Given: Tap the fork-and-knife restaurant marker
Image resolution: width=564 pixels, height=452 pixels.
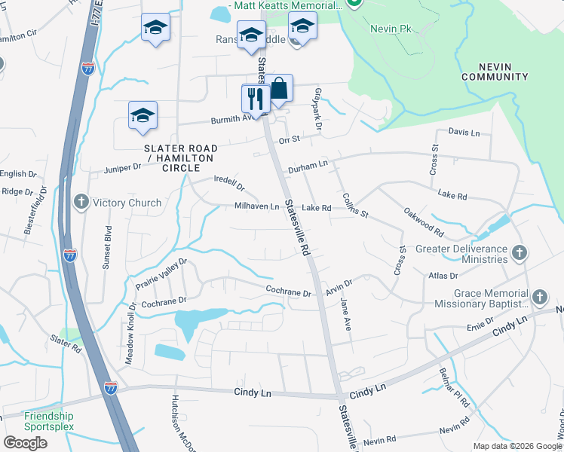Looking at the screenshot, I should (256, 99).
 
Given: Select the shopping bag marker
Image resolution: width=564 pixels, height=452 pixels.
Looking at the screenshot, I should (278, 89).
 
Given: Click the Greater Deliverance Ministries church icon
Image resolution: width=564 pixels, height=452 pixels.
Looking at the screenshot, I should (519, 253).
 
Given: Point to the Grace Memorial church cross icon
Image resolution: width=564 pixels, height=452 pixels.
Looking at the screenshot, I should (539, 298).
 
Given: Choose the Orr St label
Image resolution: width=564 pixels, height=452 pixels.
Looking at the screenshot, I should (290, 139).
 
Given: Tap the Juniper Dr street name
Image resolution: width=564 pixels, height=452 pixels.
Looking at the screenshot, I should (123, 169).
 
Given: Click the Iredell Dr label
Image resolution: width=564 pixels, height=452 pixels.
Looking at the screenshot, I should (230, 183).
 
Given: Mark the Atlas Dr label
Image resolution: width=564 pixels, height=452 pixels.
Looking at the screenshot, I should (443, 276).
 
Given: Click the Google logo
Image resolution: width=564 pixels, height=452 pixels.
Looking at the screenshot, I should (25, 443).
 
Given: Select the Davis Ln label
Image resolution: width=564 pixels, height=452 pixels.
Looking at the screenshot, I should (464, 133).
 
